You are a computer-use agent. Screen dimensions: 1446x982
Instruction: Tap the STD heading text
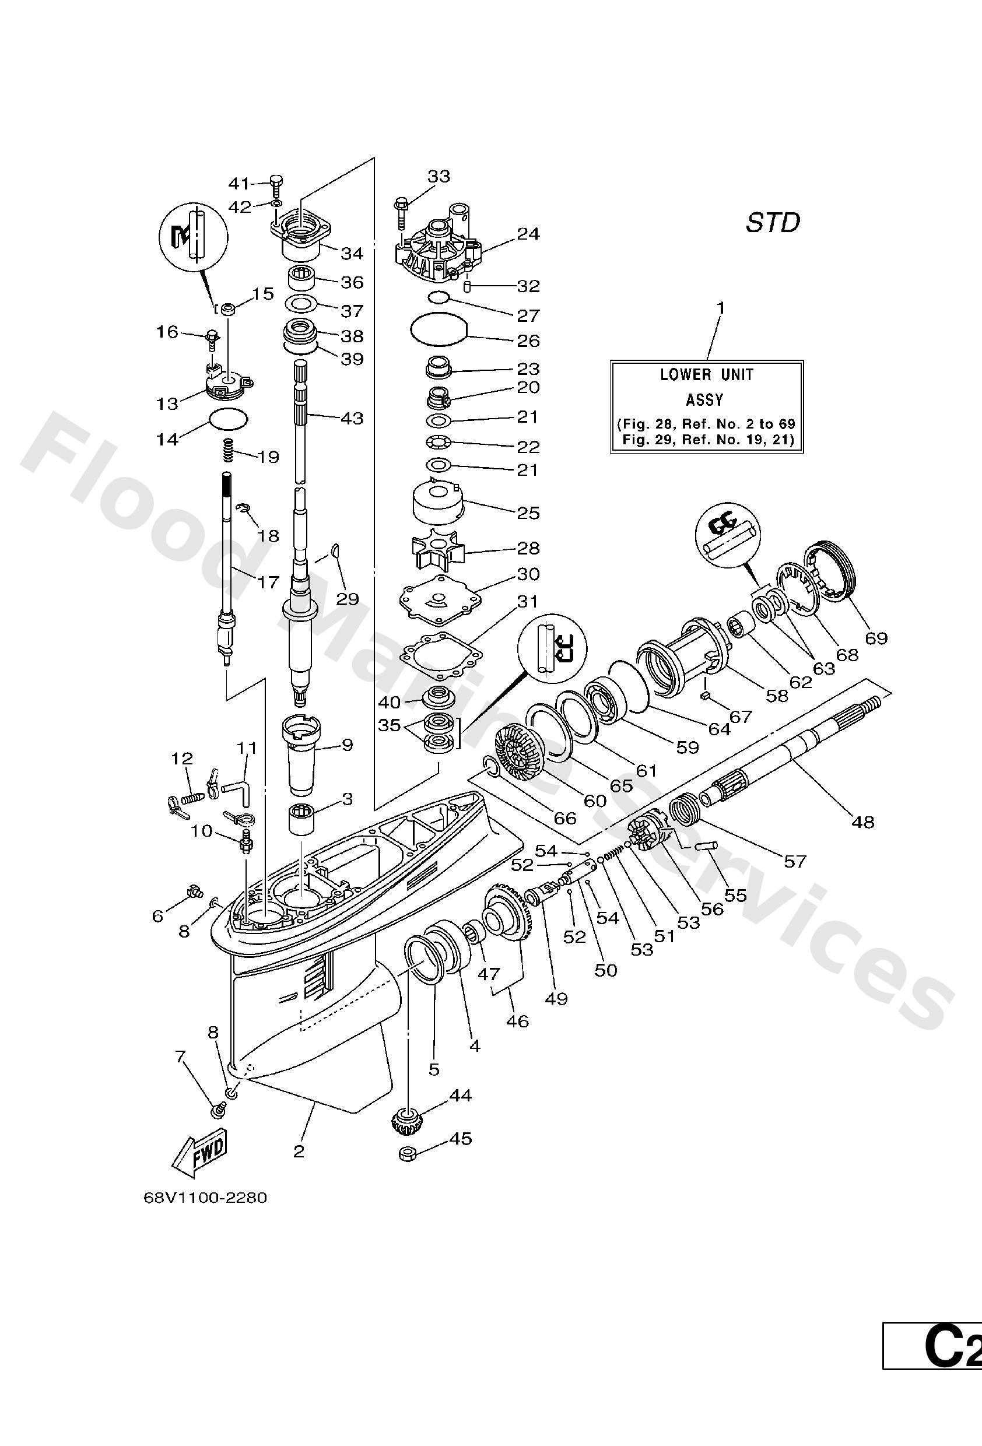(x=773, y=223)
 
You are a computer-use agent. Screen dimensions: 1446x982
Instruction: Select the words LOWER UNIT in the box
(x=706, y=374)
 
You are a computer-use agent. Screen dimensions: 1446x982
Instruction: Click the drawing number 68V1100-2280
(x=205, y=1197)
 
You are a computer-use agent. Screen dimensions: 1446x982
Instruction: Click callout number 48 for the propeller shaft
(x=863, y=822)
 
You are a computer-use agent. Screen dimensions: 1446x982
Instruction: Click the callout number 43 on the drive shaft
(x=352, y=418)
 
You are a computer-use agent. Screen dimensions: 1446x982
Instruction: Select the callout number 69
(x=876, y=638)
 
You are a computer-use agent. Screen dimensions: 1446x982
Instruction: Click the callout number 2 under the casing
(x=299, y=1151)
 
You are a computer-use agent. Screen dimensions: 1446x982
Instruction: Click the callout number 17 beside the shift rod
(x=268, y=582)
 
